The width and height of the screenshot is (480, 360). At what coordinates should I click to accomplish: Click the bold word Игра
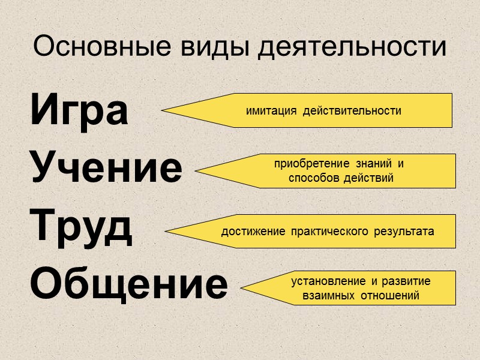(79, 111)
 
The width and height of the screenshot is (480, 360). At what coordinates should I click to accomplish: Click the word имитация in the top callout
(271, 111)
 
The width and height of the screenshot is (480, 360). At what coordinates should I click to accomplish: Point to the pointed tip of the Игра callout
(163, 110)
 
